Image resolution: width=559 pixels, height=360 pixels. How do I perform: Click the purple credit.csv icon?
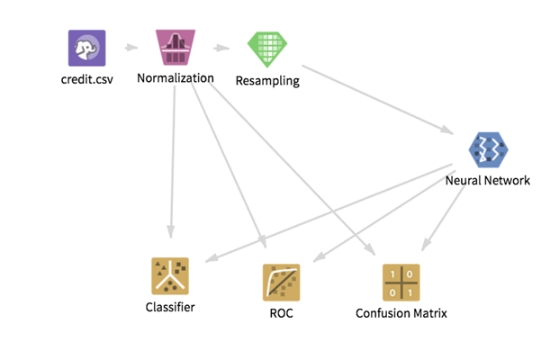point(87,48)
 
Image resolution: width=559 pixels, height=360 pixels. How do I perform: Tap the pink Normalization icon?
point(175,48)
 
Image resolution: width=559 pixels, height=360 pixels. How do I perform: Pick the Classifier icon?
point(169,276)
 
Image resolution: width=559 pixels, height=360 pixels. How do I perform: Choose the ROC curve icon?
point(281,283)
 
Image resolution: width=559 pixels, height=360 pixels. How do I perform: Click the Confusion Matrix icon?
point(401,283)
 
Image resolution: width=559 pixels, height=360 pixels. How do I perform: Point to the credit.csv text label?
point(87,79)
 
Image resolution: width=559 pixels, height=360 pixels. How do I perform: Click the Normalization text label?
point(175,78)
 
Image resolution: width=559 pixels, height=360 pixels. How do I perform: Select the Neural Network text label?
point(488,180)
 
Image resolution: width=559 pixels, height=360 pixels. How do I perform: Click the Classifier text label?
point(169,307)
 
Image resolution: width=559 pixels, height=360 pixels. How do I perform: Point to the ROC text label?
point(281,313)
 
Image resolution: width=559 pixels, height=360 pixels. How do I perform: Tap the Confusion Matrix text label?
point(401,313)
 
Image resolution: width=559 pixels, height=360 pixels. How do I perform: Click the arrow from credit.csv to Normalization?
point(131,48)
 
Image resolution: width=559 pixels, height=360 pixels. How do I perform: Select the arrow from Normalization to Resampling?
point(221,48)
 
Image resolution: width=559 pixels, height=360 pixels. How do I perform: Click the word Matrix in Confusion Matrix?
point(428,313)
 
